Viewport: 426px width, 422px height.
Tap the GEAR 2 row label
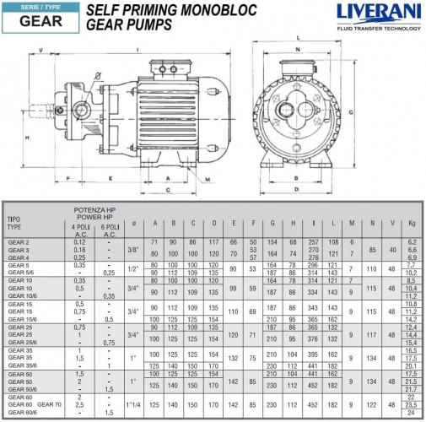(18, 242)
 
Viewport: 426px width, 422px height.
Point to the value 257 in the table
(315, 242)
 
